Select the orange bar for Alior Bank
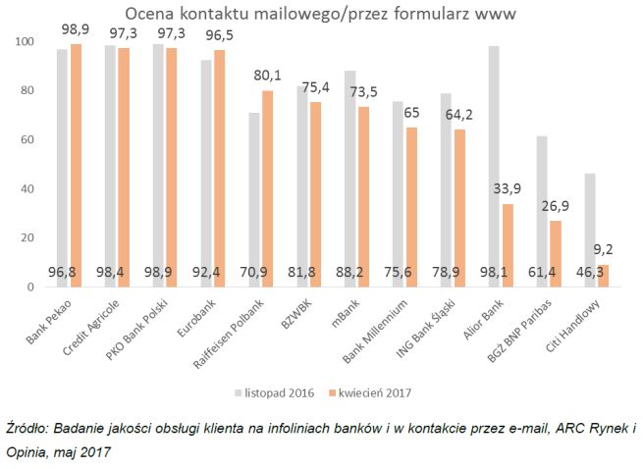(507, 245)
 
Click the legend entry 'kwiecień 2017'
(374, 392)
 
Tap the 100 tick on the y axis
(21, 42)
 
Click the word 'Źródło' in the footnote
(27, 430)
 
